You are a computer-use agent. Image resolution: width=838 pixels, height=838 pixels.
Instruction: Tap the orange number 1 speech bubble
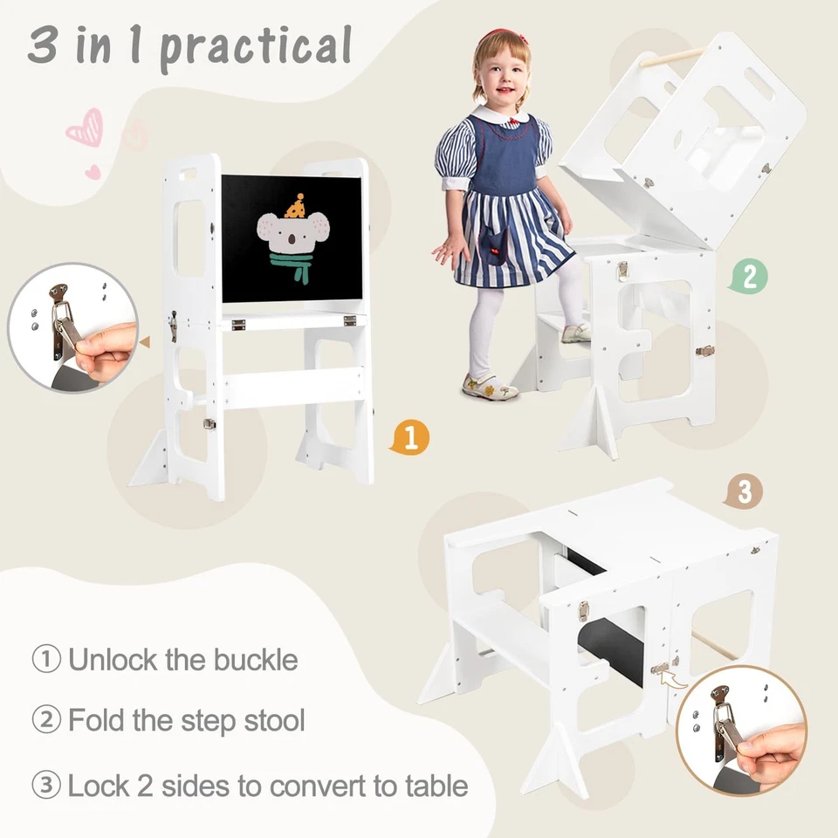409,437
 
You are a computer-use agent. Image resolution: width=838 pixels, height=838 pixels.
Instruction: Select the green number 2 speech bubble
749,277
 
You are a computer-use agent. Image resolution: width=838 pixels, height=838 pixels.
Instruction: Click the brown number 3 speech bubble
743,491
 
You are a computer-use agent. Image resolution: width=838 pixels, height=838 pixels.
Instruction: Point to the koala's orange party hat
296,207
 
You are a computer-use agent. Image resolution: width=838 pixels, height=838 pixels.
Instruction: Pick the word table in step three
429,786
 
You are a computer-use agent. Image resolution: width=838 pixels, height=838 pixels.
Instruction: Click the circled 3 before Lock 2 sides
46,786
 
